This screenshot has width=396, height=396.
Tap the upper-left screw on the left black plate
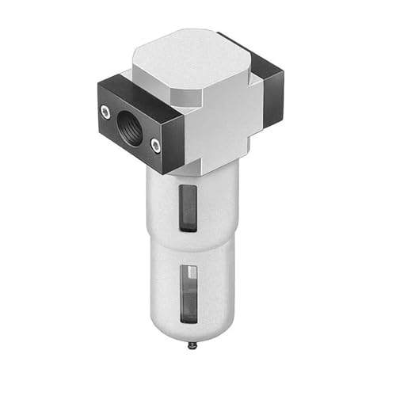pyautogui.click(x=105, y=113)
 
